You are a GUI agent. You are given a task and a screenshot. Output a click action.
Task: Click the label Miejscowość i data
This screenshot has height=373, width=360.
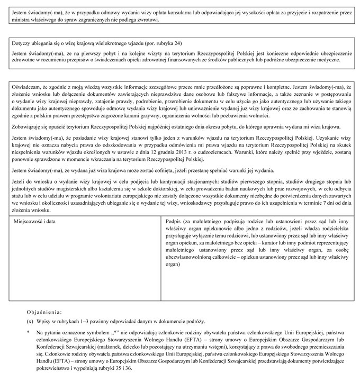[x=34, y=221]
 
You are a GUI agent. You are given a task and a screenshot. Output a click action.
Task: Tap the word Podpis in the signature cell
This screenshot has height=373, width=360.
[x=174, y=221]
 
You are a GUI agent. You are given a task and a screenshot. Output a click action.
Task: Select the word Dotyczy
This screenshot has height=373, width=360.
[x=21, y=42]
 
